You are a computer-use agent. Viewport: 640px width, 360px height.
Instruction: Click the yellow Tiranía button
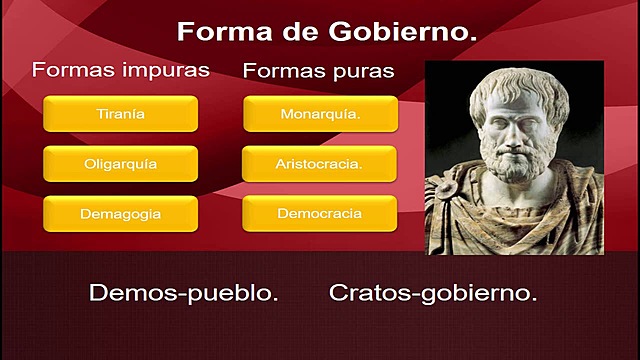point(120,113)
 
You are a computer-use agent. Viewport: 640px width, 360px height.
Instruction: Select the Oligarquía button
point(120,164)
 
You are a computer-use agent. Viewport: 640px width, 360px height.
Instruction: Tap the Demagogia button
point(120,214)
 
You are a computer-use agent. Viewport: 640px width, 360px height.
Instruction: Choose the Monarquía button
point(320,113)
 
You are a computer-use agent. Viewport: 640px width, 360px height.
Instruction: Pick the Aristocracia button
point(319,164)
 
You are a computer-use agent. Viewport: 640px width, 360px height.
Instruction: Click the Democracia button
point(320,213)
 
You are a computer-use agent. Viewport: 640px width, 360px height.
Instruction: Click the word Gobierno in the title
point(403,32)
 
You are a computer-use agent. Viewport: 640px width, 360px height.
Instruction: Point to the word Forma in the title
point(224,32)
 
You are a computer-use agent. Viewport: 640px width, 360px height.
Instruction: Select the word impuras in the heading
point(166,70)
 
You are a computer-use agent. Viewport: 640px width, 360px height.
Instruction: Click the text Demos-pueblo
point(184,293)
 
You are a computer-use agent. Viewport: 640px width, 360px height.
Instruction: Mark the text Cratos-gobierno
point(433,293)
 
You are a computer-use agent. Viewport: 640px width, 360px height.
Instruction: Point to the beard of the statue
point(516,161)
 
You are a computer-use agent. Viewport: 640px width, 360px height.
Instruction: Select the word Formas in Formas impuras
point(75,69)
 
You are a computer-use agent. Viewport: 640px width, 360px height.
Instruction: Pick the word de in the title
point(300,32)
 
